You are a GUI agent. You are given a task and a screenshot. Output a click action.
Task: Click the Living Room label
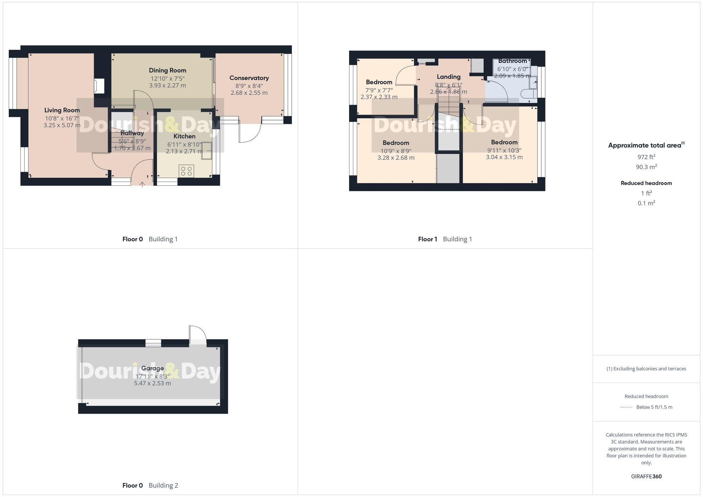click(62, 110)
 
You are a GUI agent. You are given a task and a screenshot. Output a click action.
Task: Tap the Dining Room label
click(167, 70)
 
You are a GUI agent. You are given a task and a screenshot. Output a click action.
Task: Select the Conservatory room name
click(249, 78)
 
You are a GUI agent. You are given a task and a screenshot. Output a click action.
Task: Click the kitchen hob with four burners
click(186, 171)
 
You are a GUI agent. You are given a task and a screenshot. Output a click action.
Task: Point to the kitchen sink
click(207, 151)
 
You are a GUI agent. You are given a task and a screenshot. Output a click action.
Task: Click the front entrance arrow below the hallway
click(142, 184)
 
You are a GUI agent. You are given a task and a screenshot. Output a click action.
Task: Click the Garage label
click(152, 368)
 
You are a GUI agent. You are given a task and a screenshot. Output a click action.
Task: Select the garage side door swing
click(197, 334)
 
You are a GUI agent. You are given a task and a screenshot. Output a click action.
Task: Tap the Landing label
click(449, 77)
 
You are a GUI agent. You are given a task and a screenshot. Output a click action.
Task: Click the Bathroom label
click(512, 61)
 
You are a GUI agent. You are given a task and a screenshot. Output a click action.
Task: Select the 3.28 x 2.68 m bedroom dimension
click(396, 158)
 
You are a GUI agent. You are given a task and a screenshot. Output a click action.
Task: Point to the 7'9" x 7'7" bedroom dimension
click(379, 90)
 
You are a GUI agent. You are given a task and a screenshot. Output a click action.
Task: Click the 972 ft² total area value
click(646, 157)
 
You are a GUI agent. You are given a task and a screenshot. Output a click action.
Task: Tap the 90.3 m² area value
click(646, 167)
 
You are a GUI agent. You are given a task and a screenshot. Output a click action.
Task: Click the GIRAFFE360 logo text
click(646, 476)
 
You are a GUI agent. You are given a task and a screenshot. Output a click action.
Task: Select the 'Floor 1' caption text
click(427, 239)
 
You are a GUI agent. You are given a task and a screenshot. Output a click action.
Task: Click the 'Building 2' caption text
click(163, 485)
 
